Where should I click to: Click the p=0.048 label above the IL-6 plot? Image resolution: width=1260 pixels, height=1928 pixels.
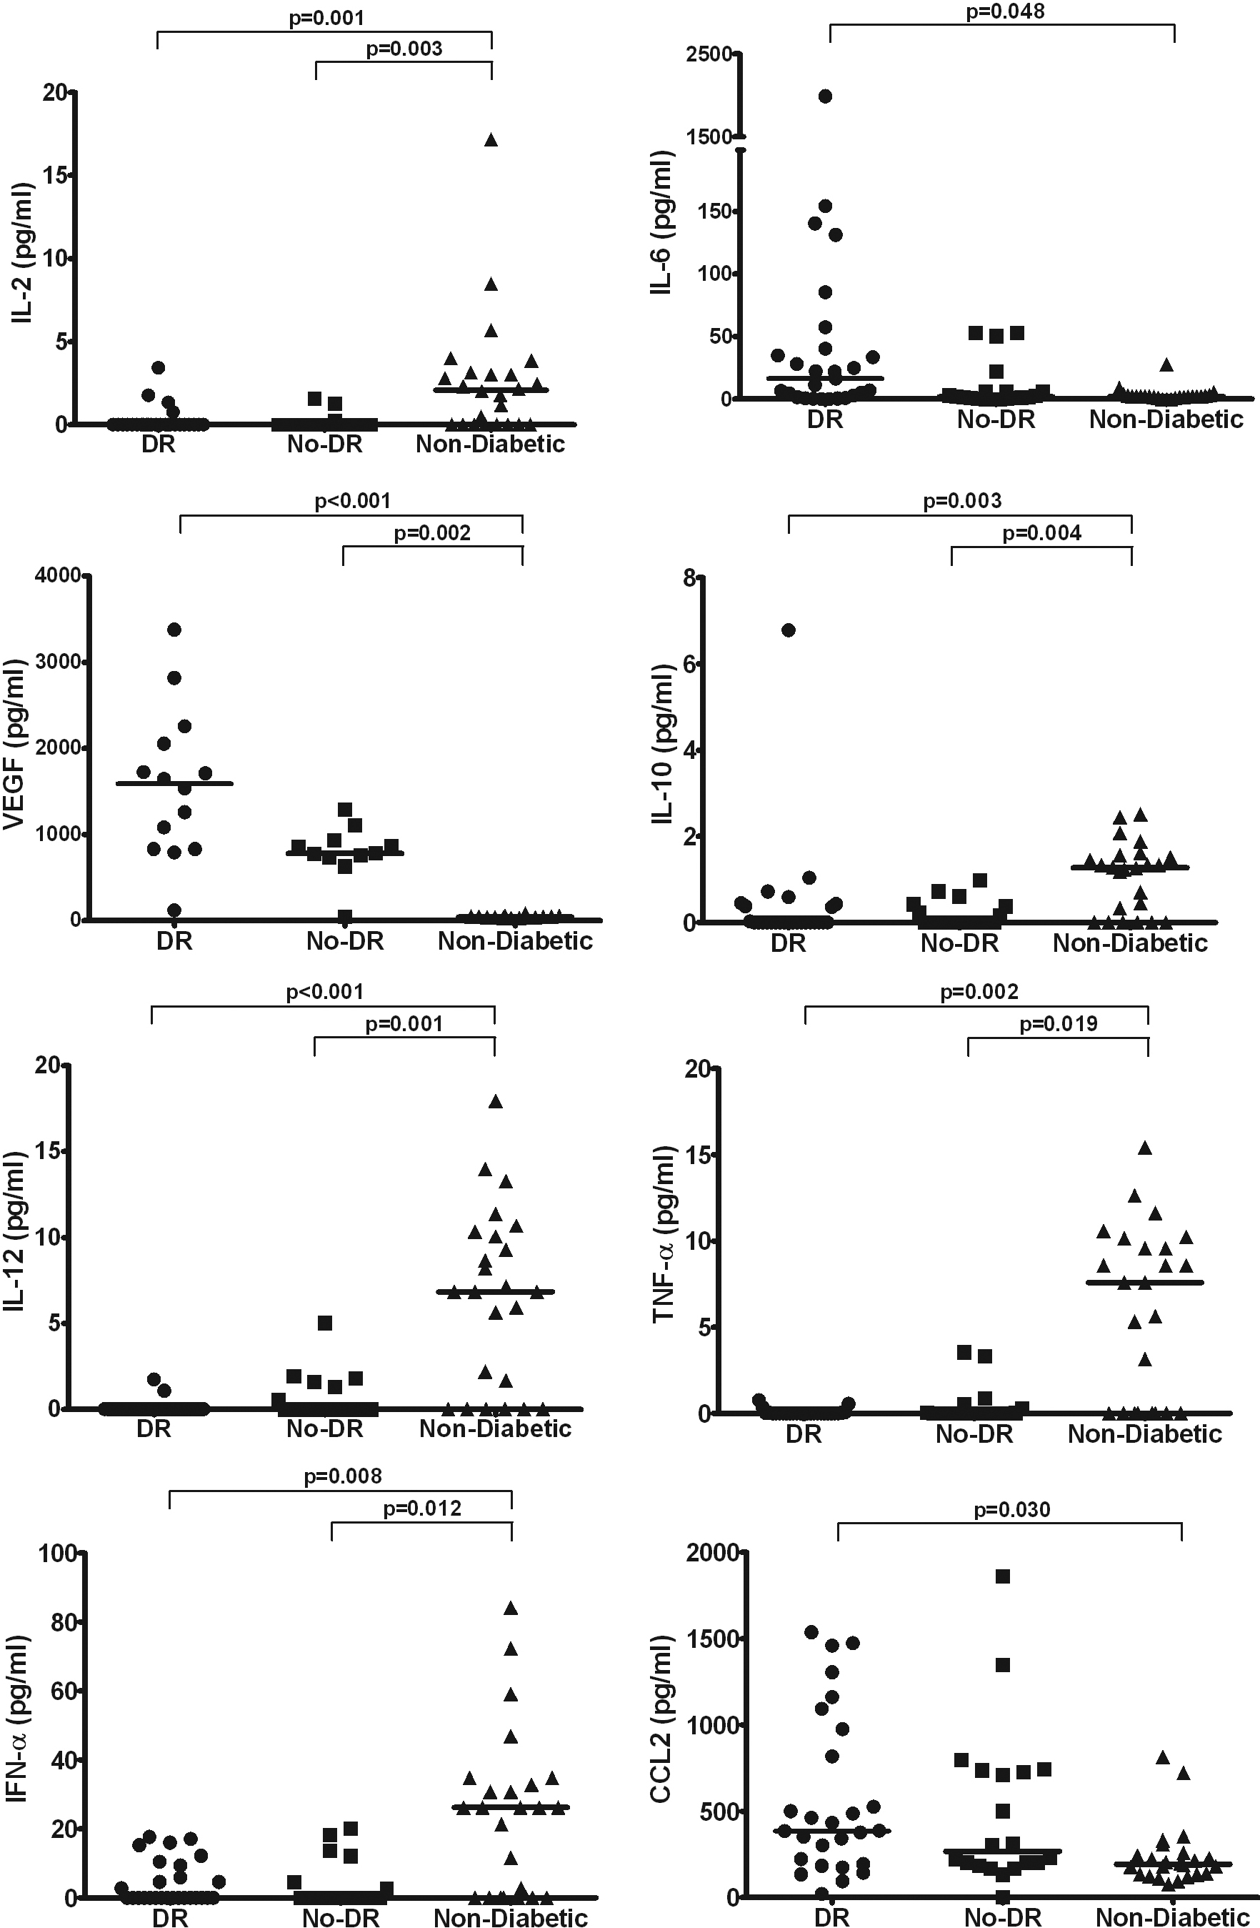pyautogui.click(x=1005, y=12)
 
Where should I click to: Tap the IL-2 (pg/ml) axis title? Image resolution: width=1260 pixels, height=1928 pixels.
pyautogui.click(x=23, y=253)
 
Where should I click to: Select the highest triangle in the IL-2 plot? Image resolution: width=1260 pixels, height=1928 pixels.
pyautogui.click(x=491, y=139)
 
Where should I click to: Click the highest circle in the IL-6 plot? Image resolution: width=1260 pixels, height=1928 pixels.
pyautogui.click(x=825, y=96)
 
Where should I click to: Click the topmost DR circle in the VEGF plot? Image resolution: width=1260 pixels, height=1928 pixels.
pyautogui.click(x=174, y=630)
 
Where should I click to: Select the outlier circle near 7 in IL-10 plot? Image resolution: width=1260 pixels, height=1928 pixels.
pyautogui.click(x=788, y=630)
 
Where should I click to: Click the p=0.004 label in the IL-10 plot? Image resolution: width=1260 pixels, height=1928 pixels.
pyautogui.click(x=1041, y=533)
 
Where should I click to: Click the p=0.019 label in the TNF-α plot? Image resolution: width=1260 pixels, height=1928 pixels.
pyautogui.click(x=1058, y=1023)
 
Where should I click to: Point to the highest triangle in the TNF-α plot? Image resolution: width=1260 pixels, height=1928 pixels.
pyautogui.click(x=1145, y=1147)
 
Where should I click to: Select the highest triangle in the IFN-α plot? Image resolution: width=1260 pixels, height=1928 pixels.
pyautogui.click(x=511, y=1608)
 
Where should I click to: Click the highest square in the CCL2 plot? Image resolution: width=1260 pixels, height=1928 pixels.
pyautogui.click(x=1002, y=1576)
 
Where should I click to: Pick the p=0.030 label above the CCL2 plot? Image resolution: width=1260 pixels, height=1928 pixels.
pyautogui.click(x=1011, y=1509)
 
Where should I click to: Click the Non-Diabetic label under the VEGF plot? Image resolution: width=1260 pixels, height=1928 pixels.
pyautogui.click(x=515, y=940)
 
